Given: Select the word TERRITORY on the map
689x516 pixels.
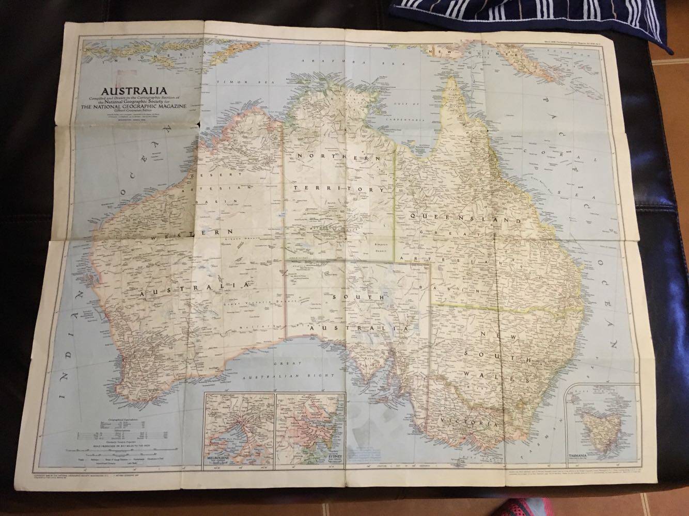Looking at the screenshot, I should (339, 189).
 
